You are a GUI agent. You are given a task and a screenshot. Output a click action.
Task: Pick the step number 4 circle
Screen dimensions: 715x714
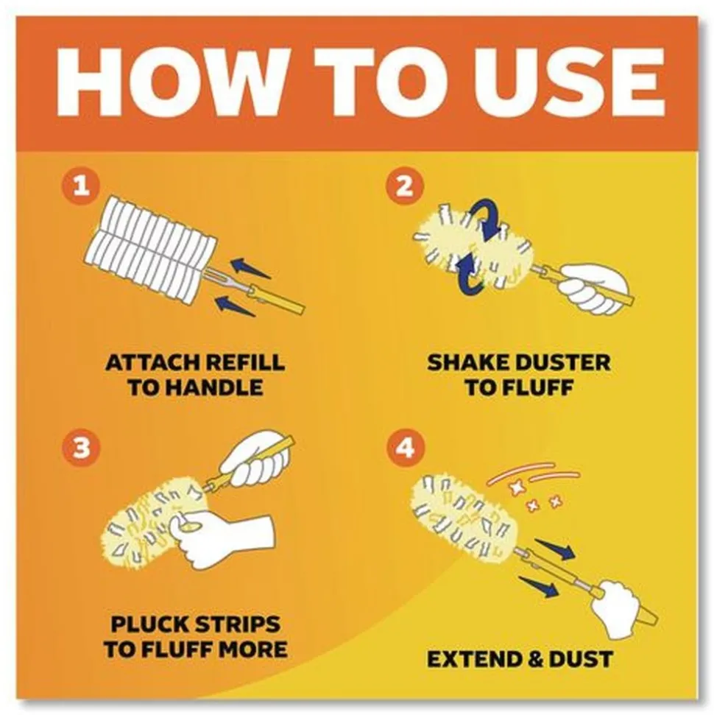pos(404,448)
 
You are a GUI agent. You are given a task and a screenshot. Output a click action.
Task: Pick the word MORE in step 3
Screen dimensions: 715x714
pos(253,649)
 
